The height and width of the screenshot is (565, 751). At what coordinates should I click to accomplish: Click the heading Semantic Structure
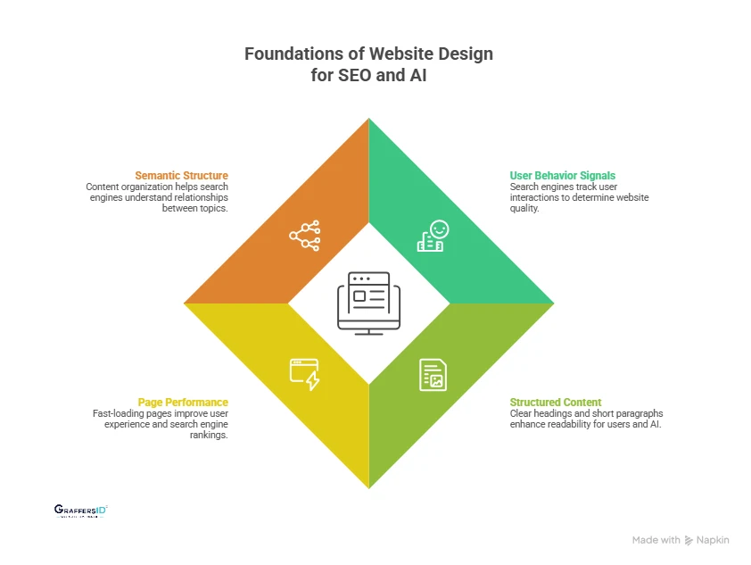(181, 175)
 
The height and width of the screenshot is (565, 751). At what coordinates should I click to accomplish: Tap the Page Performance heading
(183, 403)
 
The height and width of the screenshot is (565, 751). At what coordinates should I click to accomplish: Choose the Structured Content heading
(556, 403)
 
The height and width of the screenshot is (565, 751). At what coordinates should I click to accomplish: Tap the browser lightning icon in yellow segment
(304, 374)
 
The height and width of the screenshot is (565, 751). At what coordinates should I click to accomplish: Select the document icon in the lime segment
(433, 374)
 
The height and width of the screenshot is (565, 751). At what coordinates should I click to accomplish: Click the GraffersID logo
(81, 511)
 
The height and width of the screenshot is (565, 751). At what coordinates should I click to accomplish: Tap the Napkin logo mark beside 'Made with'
(689, 540)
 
